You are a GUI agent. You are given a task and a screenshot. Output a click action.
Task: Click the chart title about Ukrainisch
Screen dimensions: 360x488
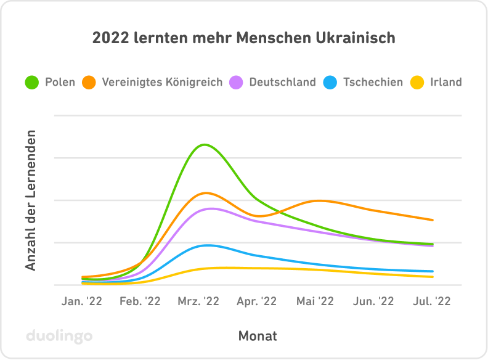pos(243,38)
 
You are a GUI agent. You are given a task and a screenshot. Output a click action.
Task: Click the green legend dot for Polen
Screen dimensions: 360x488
pos(32,82)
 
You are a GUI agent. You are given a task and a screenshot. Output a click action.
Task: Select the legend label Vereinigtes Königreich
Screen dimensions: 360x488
pos(162,82)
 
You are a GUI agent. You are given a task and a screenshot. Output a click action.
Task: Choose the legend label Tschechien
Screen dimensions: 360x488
pos(372,82)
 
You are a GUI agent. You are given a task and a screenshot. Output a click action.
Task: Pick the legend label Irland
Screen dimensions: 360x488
pos(445,82)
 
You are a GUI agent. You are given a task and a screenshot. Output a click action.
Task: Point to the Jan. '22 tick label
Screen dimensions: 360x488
pos(82,301)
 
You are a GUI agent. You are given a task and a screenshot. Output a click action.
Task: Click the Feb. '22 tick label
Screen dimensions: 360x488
pos(140,301)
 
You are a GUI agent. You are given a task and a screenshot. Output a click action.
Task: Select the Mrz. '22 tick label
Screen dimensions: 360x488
pos(198,301)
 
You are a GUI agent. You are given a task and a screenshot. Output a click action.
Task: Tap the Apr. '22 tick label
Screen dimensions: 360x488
pos(257,301)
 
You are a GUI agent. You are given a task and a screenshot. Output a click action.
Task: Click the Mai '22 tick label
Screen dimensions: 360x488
pos(315,301)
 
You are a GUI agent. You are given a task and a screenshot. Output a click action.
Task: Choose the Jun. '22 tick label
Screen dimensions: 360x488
pos(373,301)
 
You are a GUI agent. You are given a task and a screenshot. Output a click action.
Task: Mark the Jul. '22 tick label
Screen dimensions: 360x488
pos(432,301)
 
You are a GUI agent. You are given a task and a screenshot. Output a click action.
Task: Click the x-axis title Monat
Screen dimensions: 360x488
pos(258,336)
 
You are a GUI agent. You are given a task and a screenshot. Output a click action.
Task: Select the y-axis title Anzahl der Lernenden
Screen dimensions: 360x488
pos(31,200)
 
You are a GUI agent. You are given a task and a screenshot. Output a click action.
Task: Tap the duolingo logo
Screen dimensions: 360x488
pos(59,336)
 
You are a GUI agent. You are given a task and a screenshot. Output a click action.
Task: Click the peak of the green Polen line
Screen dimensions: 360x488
pos(204,145)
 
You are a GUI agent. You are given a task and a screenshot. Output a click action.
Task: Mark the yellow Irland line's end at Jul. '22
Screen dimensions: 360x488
pos(433,277)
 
